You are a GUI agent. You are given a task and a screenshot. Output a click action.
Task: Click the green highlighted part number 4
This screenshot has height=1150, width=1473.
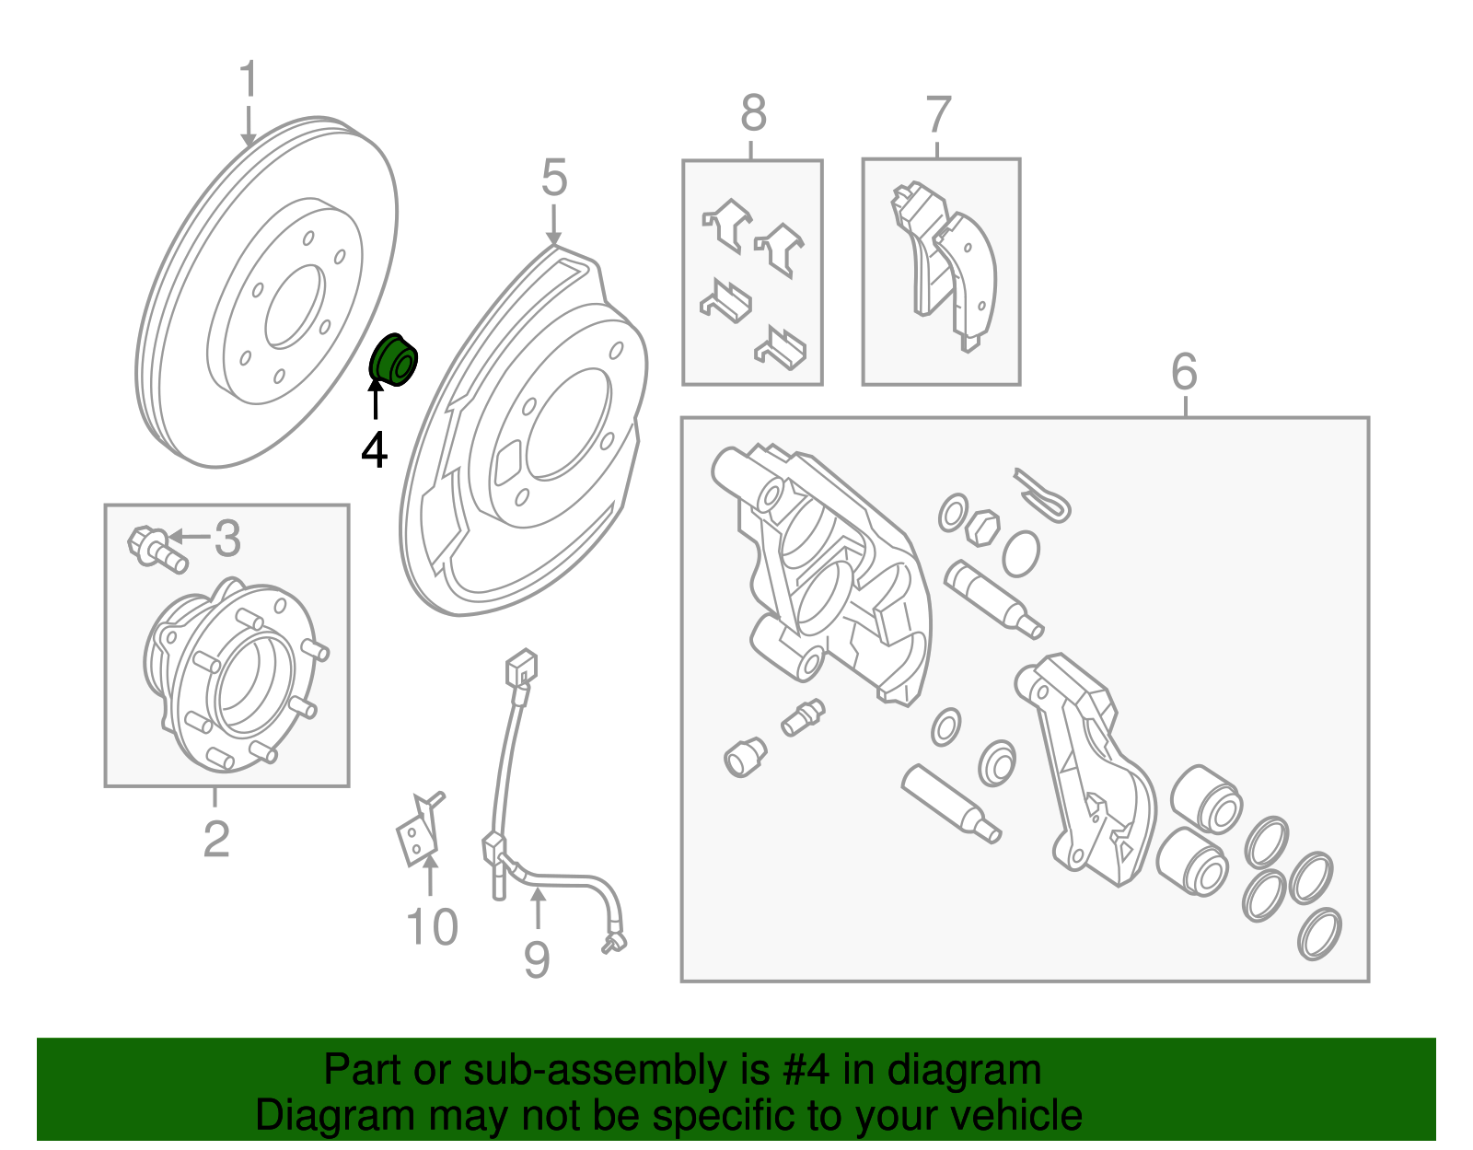click(x=394, y=361)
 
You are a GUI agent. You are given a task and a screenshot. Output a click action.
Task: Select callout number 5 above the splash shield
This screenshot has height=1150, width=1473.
click(x=553, y=178)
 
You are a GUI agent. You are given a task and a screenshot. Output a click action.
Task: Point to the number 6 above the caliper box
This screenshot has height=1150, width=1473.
click(x=1184, y=372)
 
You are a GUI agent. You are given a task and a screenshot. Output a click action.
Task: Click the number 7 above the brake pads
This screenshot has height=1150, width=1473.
click(x=937, y=116)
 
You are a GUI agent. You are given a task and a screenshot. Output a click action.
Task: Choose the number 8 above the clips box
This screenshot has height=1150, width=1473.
click(x=753, y=114)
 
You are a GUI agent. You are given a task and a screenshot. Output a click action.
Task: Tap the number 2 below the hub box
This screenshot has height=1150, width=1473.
click(x=215, y=839)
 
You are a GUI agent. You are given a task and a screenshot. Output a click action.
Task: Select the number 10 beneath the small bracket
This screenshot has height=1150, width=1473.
click(x=431, y=926)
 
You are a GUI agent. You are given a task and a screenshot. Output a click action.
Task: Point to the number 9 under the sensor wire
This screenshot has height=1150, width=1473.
click(x=537, y=958)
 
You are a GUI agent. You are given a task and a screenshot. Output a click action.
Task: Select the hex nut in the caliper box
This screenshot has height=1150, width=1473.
click(x=981, y=528)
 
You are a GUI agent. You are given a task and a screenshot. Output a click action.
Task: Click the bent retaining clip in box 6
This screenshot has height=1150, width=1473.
click(x=1043, y=495)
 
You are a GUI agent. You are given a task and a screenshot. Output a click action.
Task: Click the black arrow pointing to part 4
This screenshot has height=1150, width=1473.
click(x=375, y=405)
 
